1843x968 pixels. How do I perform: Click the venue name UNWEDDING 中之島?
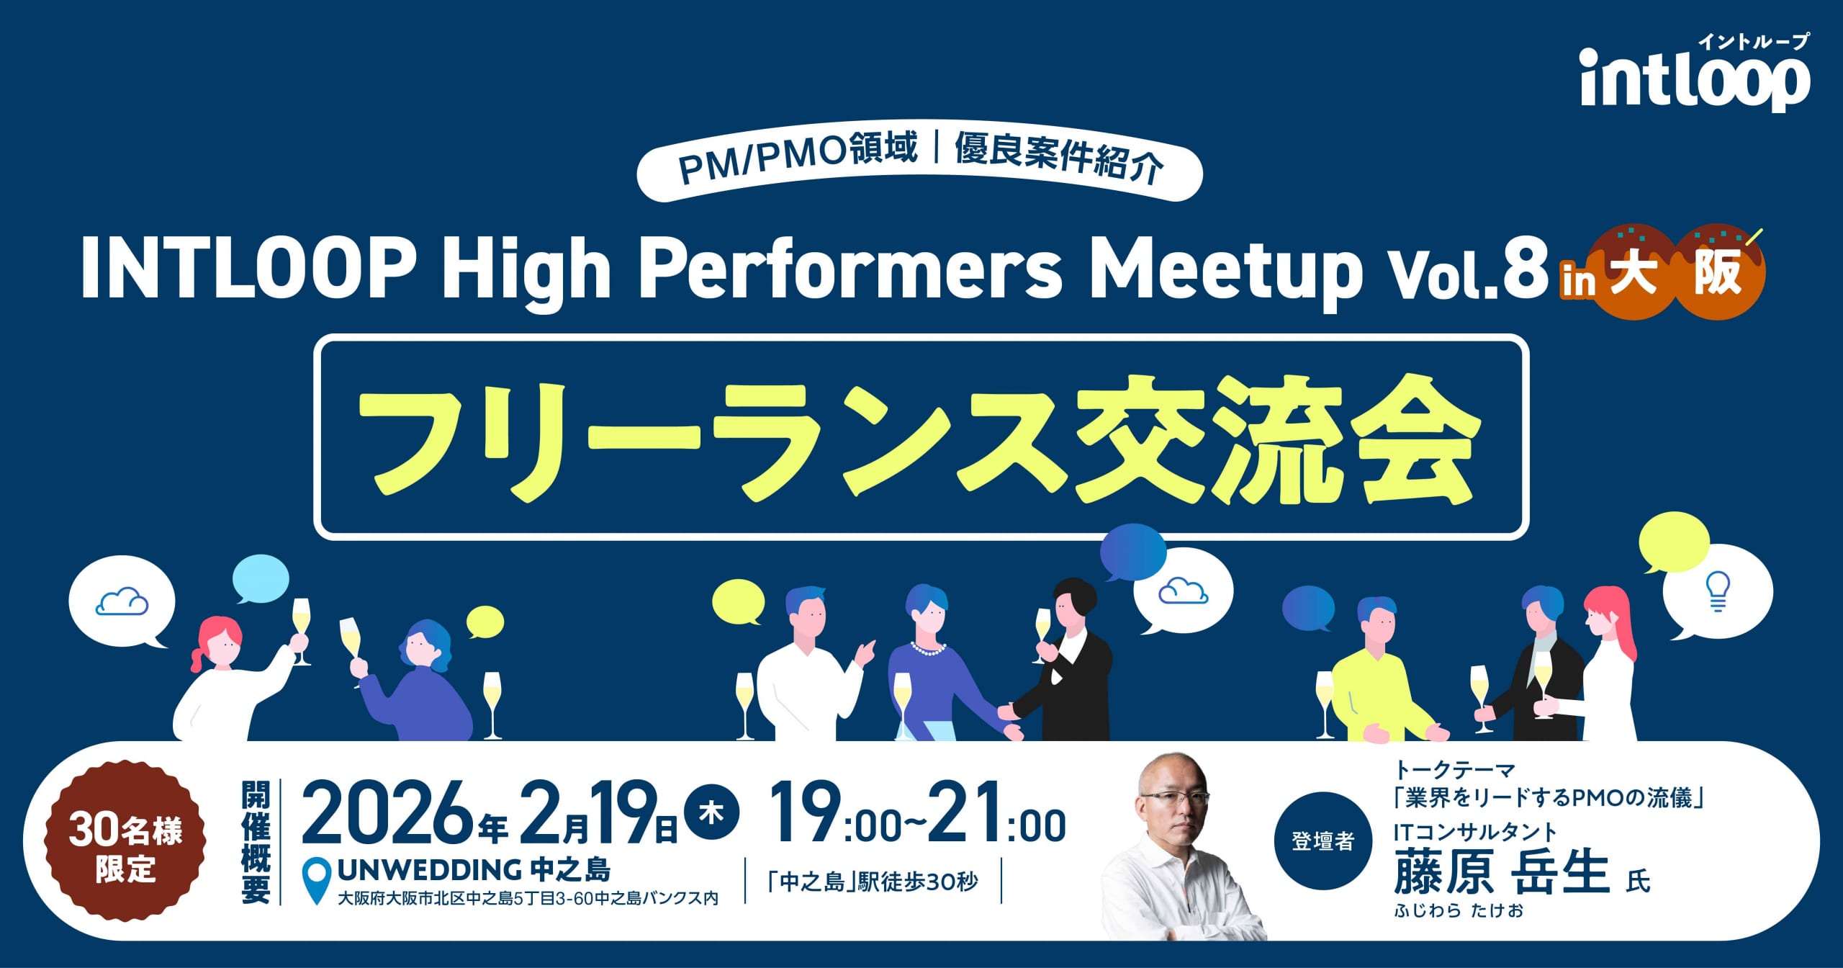[x=474, y=871]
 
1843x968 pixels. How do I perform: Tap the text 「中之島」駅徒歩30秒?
[x=873, y=882]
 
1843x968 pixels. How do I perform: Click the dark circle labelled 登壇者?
[x=1323, y=841]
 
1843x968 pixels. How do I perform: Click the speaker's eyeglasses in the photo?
[x=1174, y=798]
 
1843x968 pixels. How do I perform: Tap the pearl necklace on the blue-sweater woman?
[x=929, y=649]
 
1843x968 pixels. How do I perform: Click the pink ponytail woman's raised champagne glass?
[x=301, y=630]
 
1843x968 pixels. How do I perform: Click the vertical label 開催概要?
[x=256, y=842]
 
